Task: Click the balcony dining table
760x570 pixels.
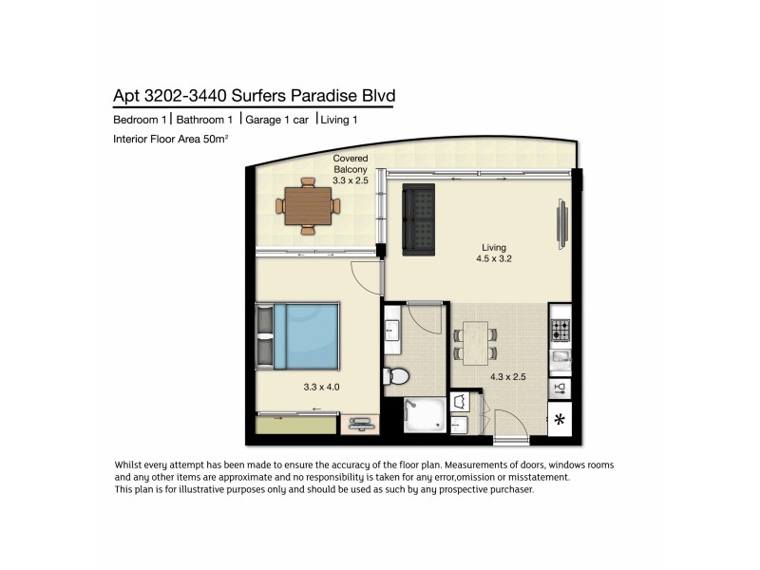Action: [307, 203]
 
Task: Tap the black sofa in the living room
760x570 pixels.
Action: [418, 219]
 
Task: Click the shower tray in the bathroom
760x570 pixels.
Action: [423, 415]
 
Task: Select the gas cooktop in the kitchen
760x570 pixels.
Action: [560, 330]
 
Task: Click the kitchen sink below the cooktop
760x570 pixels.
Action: [560, 358]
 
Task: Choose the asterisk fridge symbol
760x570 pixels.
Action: [560, 419]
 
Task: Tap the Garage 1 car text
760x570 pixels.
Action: [277, 120]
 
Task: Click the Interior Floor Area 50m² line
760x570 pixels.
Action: [172, 140]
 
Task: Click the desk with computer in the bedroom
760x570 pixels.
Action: [358, 422]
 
